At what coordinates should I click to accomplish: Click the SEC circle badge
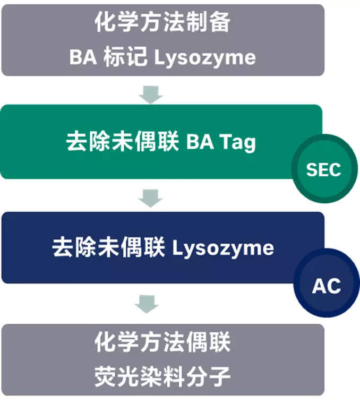(x=323, y=170)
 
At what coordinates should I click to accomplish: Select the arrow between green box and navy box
(x=150, y=197)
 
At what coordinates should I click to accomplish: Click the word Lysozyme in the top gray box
(x=204, y=57)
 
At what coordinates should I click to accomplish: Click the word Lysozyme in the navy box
(x=223, y=248)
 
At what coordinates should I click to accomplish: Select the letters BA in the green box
(x=200, y=143)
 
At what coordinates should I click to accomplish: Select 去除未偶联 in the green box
(x=122, y=143)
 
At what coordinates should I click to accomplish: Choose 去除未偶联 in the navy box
(x=109, y=248)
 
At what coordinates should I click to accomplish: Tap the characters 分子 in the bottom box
(x=208, y=377)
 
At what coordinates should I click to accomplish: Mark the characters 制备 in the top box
(x=208, y=23)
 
